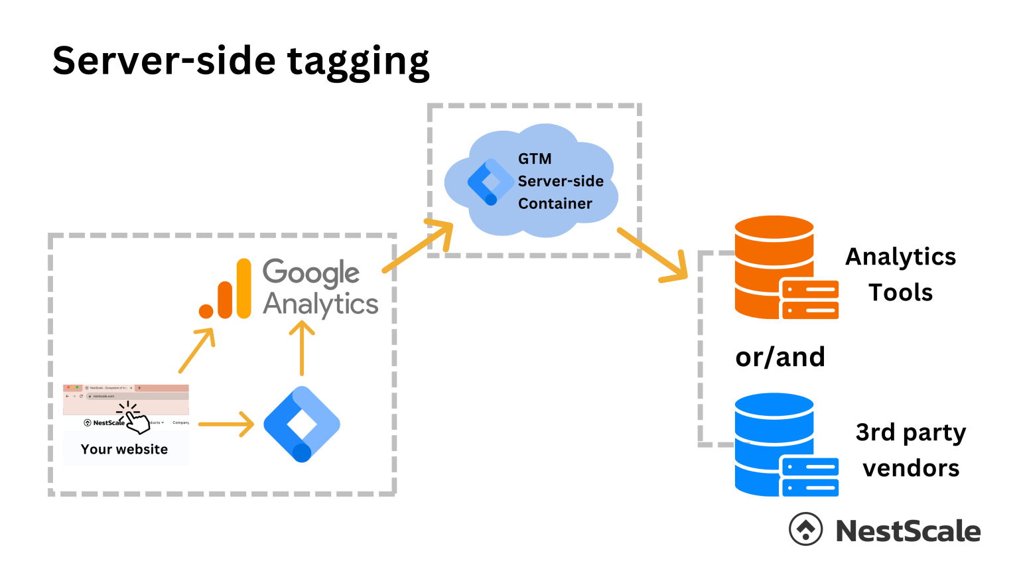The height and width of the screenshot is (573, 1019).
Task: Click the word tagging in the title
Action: (358, 62)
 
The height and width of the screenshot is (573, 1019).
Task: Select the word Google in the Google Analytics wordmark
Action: (311, 273)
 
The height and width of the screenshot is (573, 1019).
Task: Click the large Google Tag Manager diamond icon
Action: (302, 424)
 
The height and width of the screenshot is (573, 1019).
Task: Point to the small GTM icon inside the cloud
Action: (490, 182)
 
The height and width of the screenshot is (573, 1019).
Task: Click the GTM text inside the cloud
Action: (535, 159)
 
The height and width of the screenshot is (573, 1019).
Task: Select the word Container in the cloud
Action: (555, 204)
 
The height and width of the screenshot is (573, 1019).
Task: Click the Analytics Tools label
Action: (900, 274)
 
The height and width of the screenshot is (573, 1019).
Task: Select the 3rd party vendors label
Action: (911, 450)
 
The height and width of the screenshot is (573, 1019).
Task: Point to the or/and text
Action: (780, 357)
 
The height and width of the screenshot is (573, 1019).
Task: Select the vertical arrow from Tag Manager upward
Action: (302, 348)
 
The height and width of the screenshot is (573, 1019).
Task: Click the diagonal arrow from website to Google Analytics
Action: (197, 350)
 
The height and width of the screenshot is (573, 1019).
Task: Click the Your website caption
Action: (125, 449)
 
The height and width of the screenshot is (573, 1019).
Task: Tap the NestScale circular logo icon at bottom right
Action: (805, 529)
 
